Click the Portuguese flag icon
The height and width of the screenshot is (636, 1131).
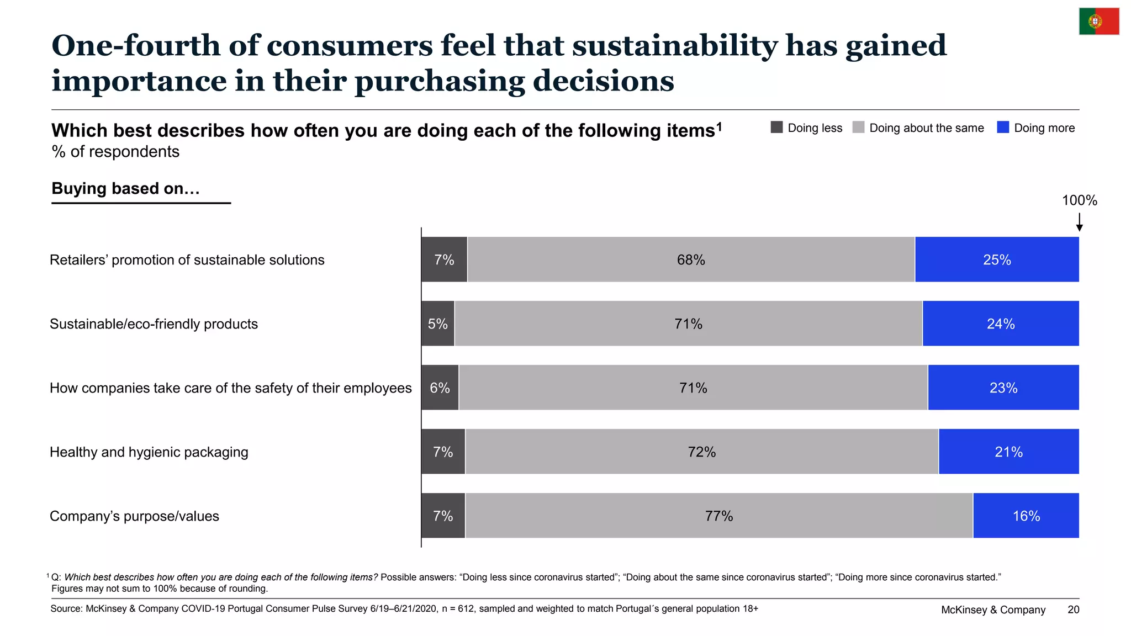(x=1099, y=22)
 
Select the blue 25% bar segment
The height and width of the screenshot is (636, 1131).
(x=997, y=259)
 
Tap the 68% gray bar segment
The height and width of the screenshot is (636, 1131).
(x=691, y=259)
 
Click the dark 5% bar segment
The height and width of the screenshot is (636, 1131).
(x=438, y=324)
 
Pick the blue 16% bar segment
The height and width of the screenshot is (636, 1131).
(x=1026, y=516)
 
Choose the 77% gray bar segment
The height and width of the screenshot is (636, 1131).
(x=719, y=516)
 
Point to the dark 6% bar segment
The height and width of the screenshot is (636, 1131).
(x=440, y=388)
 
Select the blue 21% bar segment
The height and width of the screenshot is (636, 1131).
(x=1009, y=452)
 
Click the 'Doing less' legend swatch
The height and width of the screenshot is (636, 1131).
(x=776, y=128)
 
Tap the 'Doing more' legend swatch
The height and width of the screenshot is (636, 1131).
(x=1003, y=128)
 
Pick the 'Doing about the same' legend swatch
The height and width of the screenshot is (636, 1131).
(x=858, y=128)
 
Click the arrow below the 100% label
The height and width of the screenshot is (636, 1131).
(x=1079, y=222)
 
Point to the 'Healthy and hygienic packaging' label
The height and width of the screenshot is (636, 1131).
(x=149, y=452)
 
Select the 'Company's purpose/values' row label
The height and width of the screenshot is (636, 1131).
(x=134, y=516)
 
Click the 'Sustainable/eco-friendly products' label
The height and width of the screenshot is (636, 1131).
(x=154, y=324)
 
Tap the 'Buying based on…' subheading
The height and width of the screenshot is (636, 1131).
(x=125, y=188)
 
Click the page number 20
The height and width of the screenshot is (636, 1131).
(x=1074, y=609)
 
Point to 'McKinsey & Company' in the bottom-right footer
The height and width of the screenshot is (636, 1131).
(x=993, y=609)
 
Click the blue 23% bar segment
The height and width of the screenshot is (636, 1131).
(x=1003, y=388)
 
